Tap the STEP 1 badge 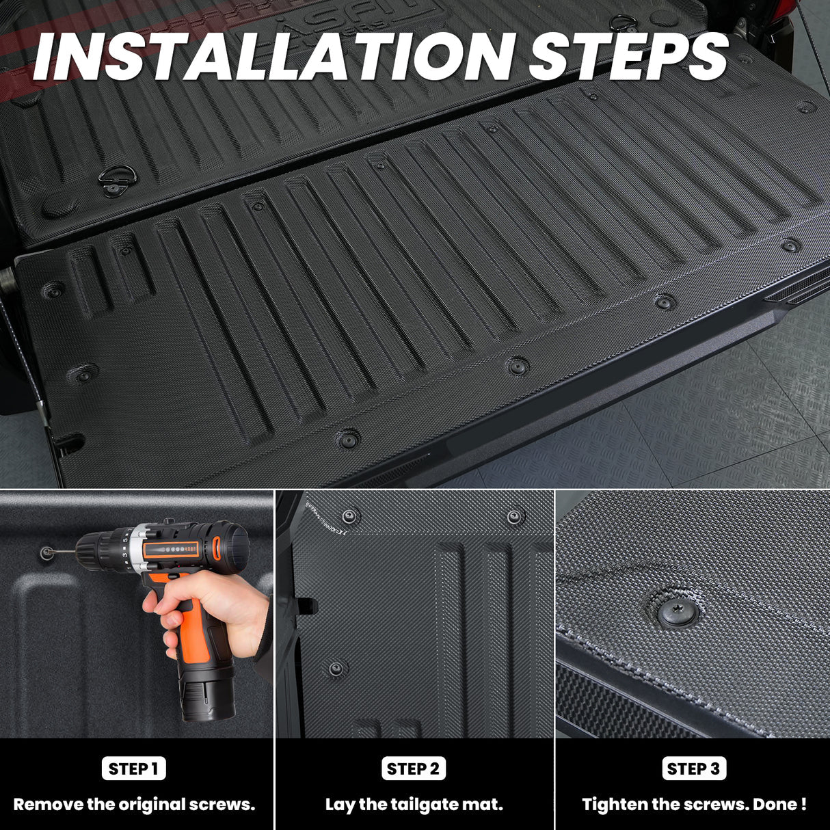point(134,768)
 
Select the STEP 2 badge point(414,768)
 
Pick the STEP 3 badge point(694,768)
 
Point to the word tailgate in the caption point(423,805)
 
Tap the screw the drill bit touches point(46,552)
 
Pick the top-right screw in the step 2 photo point(515,516)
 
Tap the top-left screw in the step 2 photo point(351,516)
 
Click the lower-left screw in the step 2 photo point(336,668)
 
